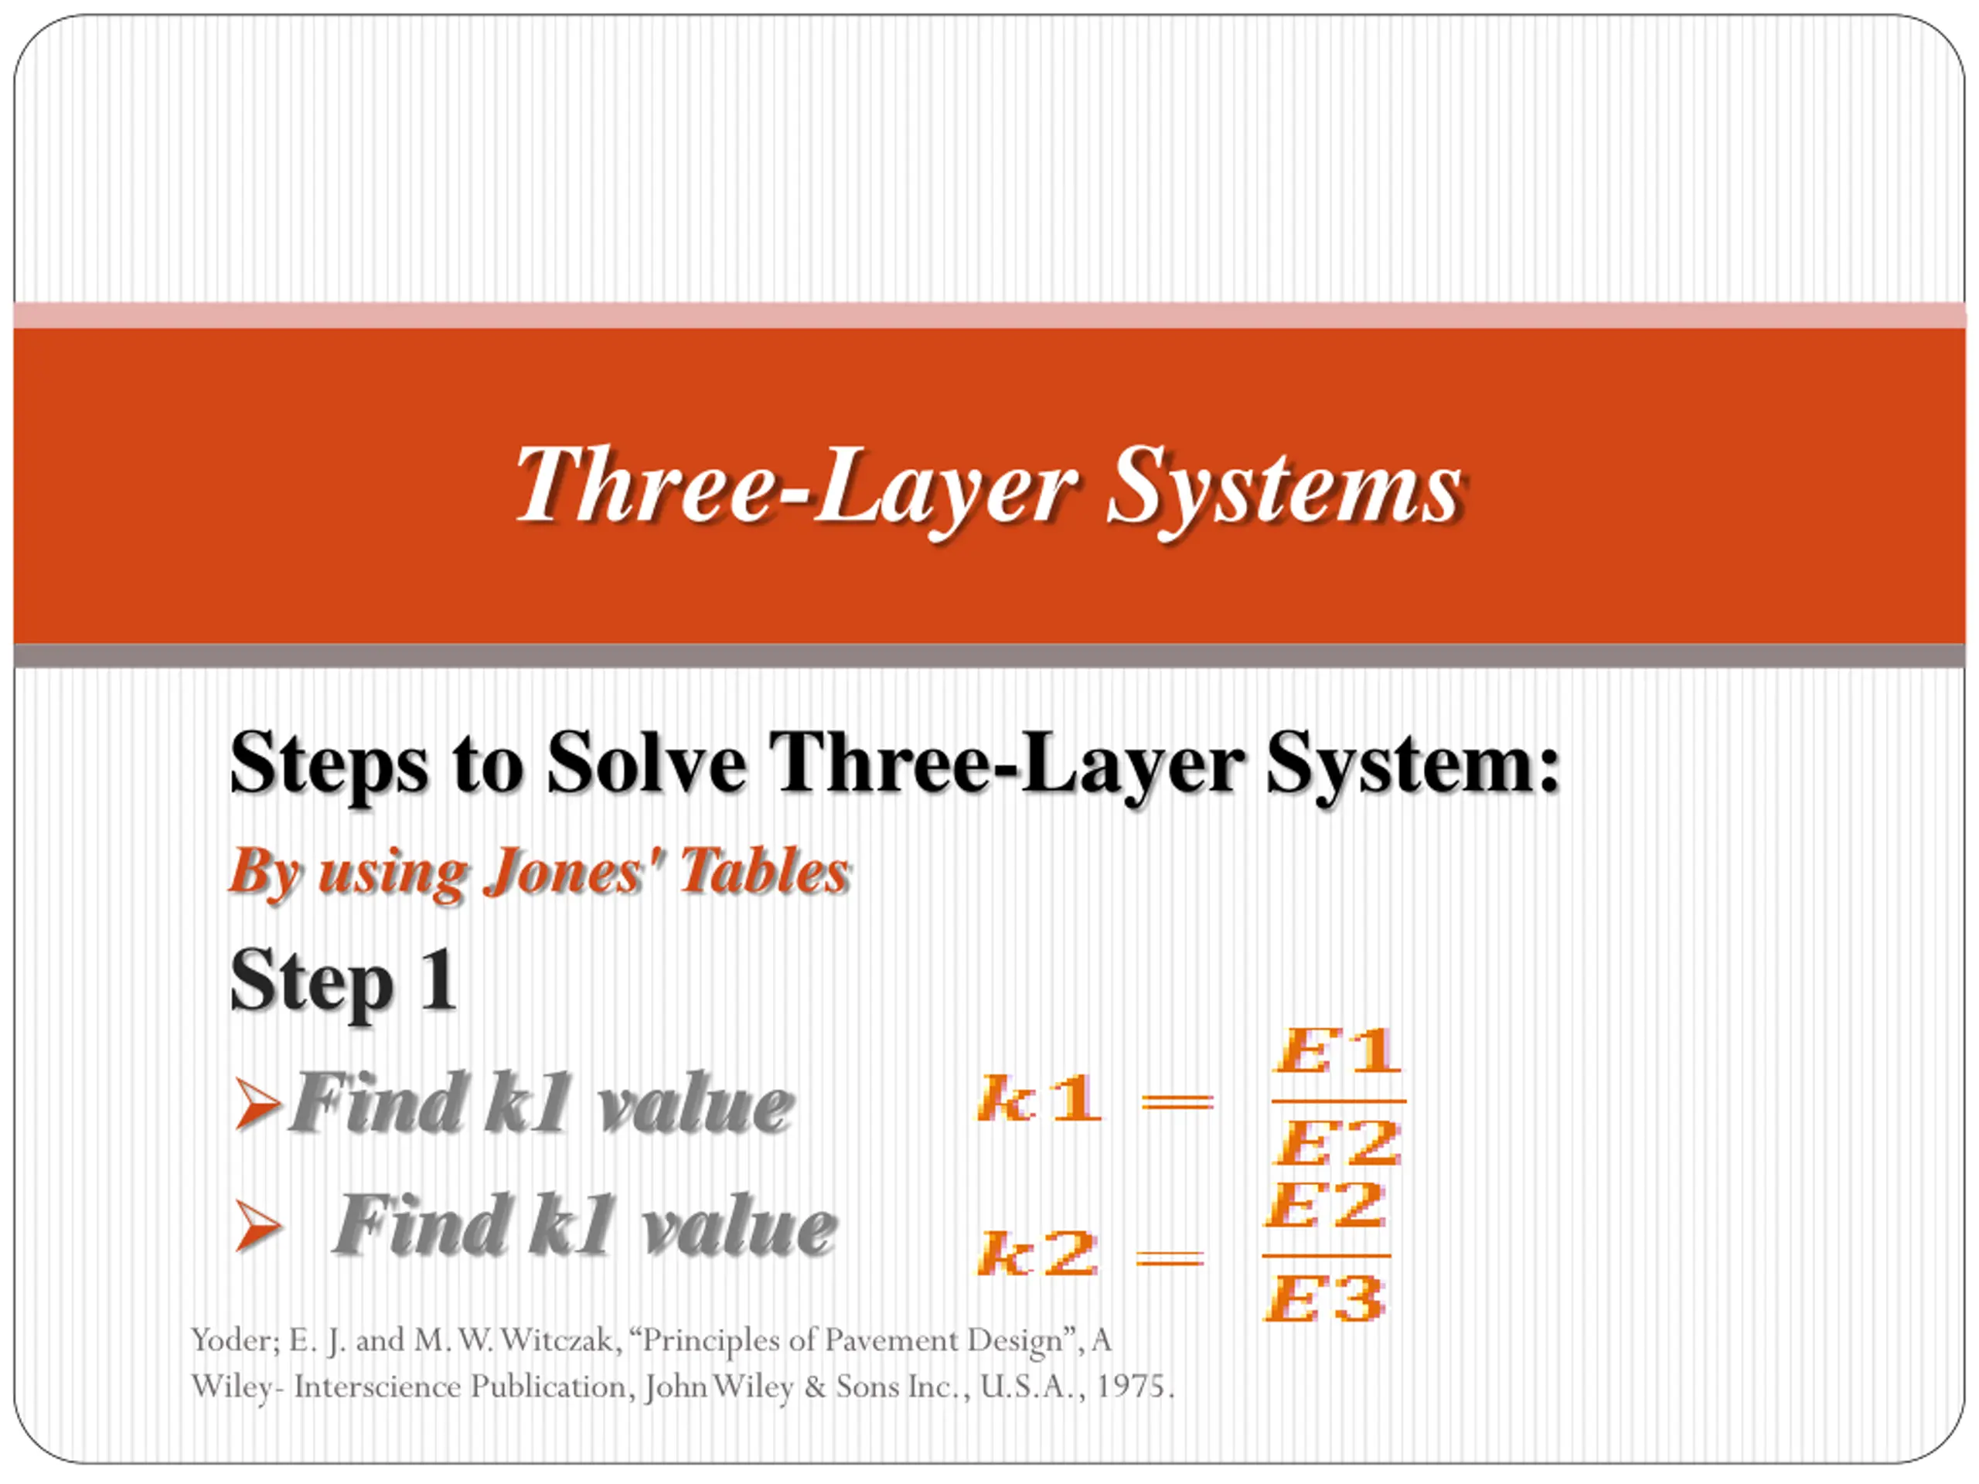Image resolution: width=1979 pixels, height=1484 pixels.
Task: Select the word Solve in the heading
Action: (x=647, y=762)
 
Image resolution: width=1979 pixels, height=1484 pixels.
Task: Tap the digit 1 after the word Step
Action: (x=439, y=979)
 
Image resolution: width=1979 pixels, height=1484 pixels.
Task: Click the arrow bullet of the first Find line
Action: (x=257, y=1104)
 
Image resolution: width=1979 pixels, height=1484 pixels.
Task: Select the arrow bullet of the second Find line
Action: (x=257, y=1226)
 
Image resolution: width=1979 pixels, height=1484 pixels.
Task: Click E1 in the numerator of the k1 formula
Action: (x=1337, y=1052)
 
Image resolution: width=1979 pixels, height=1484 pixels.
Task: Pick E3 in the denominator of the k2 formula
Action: (x=1324, y=1298)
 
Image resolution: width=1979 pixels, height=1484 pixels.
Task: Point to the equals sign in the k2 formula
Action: (x=1170, y=1258)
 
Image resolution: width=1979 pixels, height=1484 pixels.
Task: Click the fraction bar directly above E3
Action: (x=1326, y=1256)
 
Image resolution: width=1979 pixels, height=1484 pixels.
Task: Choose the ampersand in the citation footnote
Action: (x=814, y=1387)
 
